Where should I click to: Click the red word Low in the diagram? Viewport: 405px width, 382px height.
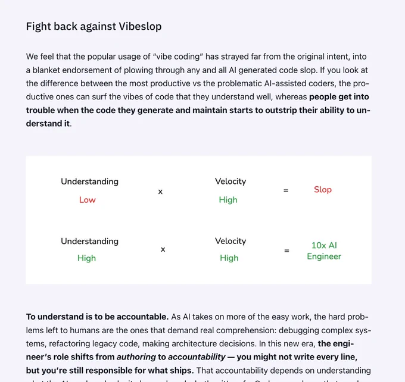point(88,200)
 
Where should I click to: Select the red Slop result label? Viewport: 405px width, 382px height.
point(323,189)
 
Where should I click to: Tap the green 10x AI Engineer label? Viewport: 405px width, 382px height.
point(324,251)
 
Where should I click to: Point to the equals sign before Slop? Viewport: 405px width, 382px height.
point(286,191)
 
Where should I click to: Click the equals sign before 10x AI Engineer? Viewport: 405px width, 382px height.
point(286,251)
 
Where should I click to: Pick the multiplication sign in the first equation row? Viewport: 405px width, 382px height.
point(160,192)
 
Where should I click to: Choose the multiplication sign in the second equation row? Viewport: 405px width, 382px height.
point(163,249)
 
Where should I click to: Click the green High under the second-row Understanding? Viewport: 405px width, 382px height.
point(87,258)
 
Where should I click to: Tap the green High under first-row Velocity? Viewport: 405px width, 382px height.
point(228,200)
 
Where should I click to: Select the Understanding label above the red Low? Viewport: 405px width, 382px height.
point(89,181)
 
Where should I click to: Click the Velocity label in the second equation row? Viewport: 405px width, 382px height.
point(230,241)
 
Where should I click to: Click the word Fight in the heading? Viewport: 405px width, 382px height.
point(38,26)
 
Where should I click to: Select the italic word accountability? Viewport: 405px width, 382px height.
point(197,357)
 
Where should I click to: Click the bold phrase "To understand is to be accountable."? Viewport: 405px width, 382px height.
point(97,317)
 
